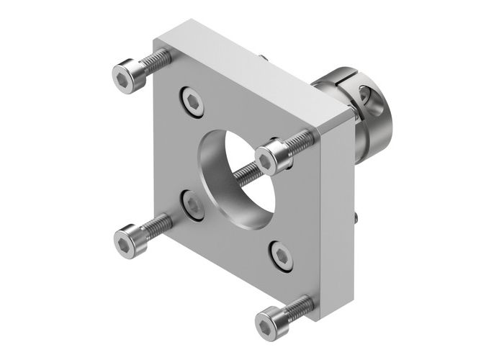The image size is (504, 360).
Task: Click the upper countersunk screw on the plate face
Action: click(193, 101)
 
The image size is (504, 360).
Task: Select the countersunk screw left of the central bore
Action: click(192, 204)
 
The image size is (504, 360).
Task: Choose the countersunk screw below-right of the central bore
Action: click(280, 255)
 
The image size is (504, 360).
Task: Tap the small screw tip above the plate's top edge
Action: click(265, 56)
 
